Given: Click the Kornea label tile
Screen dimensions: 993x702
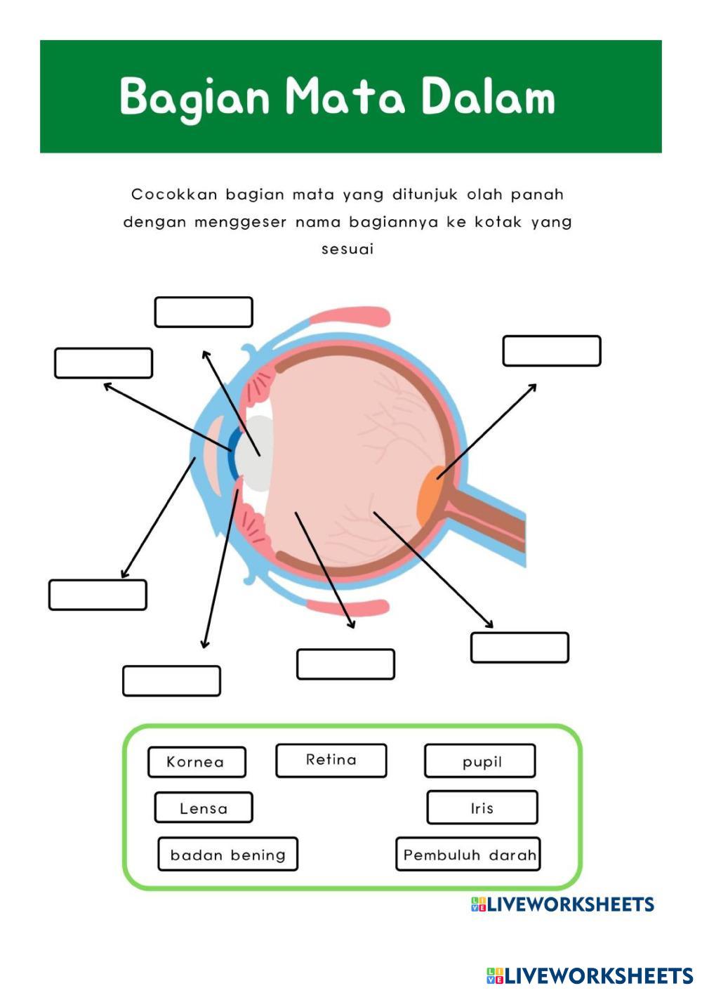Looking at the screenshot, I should point(197,762).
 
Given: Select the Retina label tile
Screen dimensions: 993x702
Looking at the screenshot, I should point(331,761).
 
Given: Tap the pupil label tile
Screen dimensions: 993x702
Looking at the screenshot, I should point(480,761).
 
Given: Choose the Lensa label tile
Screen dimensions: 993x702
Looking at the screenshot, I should point(203,808).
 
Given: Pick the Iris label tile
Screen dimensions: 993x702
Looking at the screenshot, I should point(482,808).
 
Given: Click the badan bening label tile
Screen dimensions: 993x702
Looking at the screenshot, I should point(227,854).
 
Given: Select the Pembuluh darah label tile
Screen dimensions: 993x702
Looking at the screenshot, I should point(468,854).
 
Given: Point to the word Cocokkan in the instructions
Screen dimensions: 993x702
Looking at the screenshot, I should point(173,195).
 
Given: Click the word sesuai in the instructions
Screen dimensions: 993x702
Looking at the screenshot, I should point(347,249).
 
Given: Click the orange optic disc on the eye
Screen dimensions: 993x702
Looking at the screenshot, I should point(430,494).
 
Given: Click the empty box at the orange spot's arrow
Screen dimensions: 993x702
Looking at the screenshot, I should point(552,351).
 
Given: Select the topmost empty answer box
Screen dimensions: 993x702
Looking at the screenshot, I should point(204,313).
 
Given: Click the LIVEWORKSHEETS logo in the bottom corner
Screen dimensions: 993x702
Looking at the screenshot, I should point(590,975).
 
